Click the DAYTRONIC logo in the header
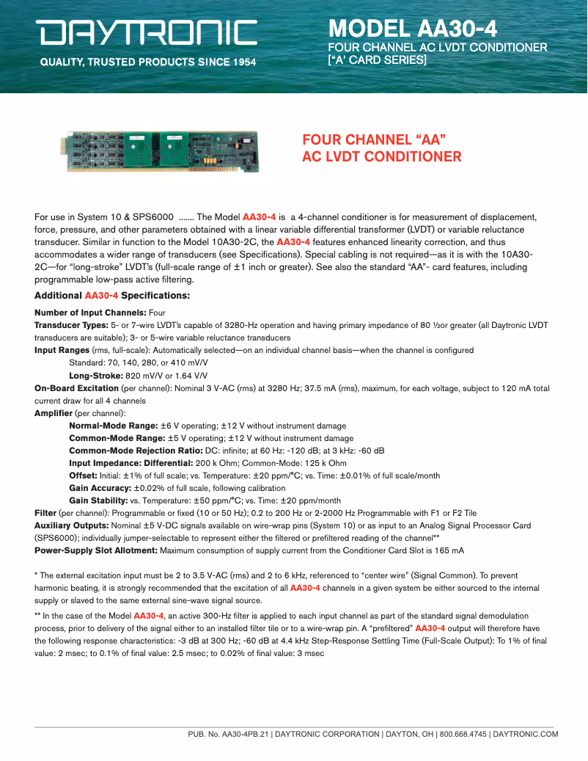(147, 33)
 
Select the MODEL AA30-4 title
(413, 29)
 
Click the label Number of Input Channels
(90, 313)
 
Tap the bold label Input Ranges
(61, 350)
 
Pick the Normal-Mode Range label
(114, 426)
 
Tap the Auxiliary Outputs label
(71, 525)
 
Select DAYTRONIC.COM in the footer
(525, 734)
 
